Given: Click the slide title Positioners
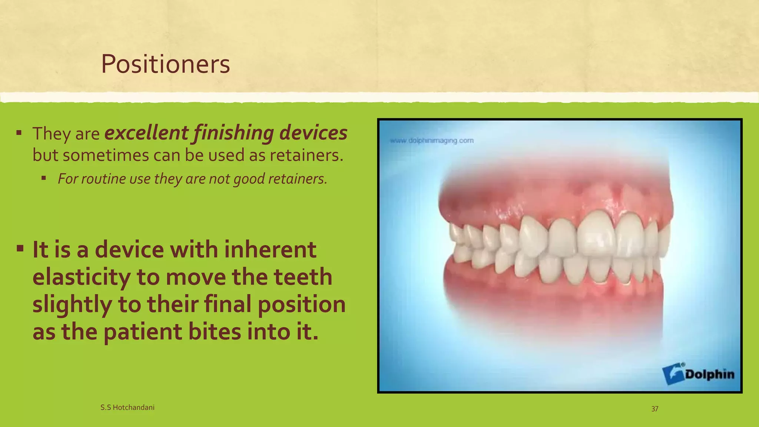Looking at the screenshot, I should click(x=165, y=64).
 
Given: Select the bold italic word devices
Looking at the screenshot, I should click(x=313, y=133).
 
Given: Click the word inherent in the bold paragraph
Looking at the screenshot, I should click(x=270, y=249).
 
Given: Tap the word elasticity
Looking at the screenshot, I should click(x=82, y=277).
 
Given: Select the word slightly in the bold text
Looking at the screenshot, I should click(x=72, y=304).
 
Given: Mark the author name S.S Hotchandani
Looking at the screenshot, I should click(x=127, y=407).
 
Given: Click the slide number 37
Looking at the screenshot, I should click(x=655, y=409).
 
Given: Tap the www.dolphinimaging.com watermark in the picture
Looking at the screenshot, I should click(x=432, y=141).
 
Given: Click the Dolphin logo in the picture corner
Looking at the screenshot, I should click(x=698, y=374).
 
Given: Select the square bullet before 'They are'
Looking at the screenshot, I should click(x=19, y=132).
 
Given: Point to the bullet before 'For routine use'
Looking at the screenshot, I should click(x=44, y=178).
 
